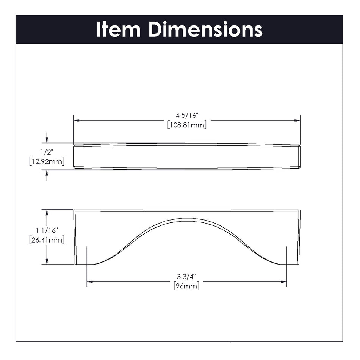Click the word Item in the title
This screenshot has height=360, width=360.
(x=119, y=30)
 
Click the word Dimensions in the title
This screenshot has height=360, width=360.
(x=205, y=30)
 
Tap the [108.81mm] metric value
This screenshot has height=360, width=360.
(x=186, y=125)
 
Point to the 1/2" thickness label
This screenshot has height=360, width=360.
(x=47, y=152)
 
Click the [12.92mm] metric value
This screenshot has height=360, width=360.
(x=47, y=162)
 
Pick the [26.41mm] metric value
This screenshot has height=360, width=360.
(x=47, y=240)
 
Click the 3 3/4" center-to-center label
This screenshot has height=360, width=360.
(x=186, y=277)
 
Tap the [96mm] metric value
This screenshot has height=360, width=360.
(x=186, y=286)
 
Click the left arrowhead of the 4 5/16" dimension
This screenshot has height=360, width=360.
(x=76, y=121)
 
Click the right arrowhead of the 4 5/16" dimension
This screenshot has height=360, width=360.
(x=297, y=121)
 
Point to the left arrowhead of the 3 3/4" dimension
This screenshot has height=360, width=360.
(x=89, y=281)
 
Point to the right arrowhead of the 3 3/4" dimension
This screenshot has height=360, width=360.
(x=284, y=281)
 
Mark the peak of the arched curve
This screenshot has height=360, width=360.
(x=186, y=219)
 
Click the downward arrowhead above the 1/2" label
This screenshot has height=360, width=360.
(x=47, y=141)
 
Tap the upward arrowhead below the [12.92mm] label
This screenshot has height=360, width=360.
(x=47, y=172)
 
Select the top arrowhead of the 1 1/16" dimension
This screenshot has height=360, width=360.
(x=47, y=212)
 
